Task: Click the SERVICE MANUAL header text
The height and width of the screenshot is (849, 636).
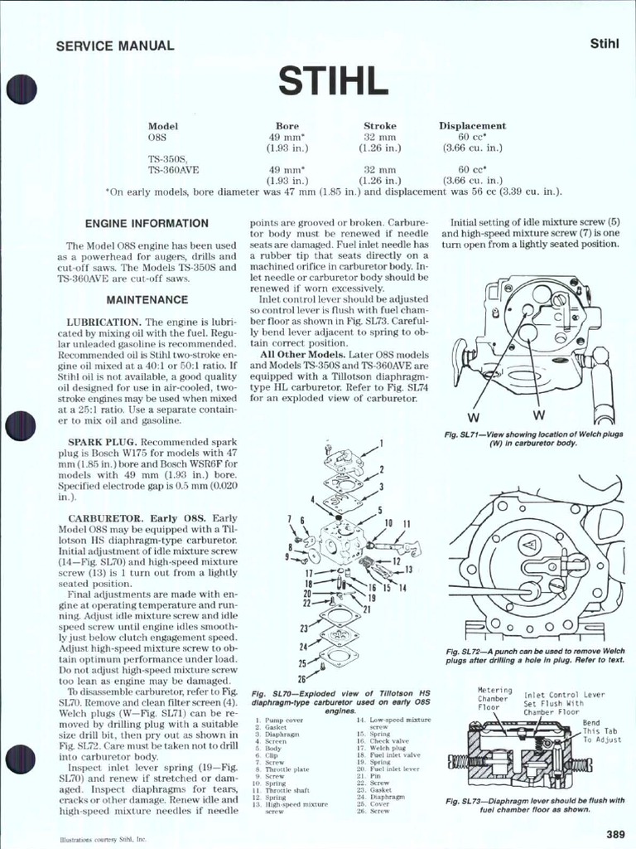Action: point(114,46)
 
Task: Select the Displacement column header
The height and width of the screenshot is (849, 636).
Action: point(472,126)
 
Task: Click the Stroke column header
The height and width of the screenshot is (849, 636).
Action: point(379,126)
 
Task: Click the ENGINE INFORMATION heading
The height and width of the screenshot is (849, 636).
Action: point(147,224)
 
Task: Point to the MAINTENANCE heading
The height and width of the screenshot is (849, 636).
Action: point(147,299)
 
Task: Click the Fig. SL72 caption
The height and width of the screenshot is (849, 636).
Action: point(533,656)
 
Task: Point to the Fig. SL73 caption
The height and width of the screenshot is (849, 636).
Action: point(534,805)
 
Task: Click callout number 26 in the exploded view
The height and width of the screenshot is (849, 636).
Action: point(302,679)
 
